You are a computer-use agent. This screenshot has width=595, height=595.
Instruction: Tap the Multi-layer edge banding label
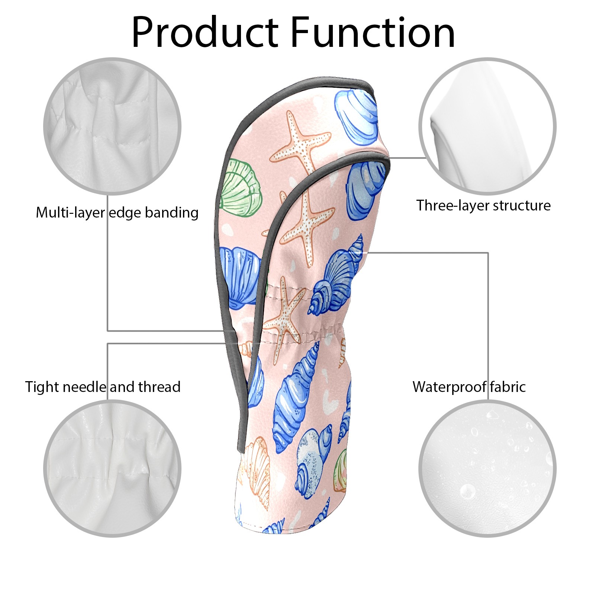pyautogui.click(x=117, y=213)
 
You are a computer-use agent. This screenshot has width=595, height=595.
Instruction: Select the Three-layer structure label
pyautogui.click(x=483, y=206)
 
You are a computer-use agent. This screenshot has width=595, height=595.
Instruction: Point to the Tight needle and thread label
pyautogui.click(x=103, y=387)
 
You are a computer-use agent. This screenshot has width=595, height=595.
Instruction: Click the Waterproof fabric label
pyautogui.click(x=469, y=387)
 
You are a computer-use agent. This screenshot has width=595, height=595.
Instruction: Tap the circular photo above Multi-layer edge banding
pyautogui.click(x=112, y=126)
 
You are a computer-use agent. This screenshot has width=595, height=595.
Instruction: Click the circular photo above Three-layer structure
pyautogui.click(x=488, y=126)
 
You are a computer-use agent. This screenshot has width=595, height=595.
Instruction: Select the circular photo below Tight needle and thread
pyautogui.click(x=112, y=469)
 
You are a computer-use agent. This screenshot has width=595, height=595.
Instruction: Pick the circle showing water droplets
pyautogui.click(x=488, y=469)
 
